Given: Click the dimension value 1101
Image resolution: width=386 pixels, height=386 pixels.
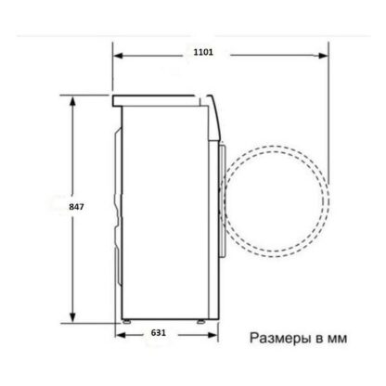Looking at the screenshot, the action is click(x=203, y=52).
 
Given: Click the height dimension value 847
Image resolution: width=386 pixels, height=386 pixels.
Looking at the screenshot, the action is click(x=76, y=207).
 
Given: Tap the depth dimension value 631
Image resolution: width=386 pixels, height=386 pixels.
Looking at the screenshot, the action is click(x=159, y=333).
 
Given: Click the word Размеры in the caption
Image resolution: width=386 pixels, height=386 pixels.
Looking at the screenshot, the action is click(x=280, y=338).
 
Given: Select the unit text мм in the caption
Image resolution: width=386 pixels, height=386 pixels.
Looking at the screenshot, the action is click(x=337, y=339).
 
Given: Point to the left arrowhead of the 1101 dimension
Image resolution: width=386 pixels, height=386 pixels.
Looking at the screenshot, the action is click(x=119, y=56).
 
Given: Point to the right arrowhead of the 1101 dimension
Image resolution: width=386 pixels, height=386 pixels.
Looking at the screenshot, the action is click(x=323, y=56).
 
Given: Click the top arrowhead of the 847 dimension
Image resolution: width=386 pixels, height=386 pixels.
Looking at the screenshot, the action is click(x=72, y=102).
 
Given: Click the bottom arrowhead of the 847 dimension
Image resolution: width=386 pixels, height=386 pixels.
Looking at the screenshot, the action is click(x=72, y=317).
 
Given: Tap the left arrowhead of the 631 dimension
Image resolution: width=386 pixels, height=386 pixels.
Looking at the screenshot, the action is click(x=121, y=335).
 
